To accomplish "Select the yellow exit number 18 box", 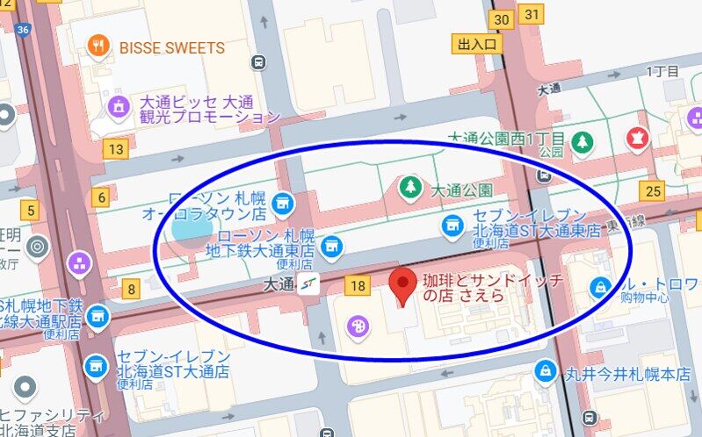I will pyautogui.click(x=358, y=285).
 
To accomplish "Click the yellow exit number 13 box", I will pyautogui.click(x=114, y=149).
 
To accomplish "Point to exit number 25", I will pyautogui.click(x=652, y=190).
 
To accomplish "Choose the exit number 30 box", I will pyautogui.click(x=502, y=19).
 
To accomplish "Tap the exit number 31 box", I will pyautogui.click(x=532, y=14).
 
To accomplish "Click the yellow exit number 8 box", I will pyautogui.click(x=132, y=288).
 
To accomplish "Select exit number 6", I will pyautogui.click(x=103, y=198).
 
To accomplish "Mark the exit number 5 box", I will pyautogui.click(x=32, y=211).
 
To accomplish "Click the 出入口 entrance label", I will pyautogui.click(x=478, y=44).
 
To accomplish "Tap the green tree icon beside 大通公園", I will pyautogui.click(x=409, y=187).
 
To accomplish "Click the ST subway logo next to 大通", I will pyautogui.click(x=308, y=283).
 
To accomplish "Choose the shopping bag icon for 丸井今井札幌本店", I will pyautogui.click(x=546, y=372).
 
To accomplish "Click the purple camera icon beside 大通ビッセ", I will pyautogui.click(x=118, y=107).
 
